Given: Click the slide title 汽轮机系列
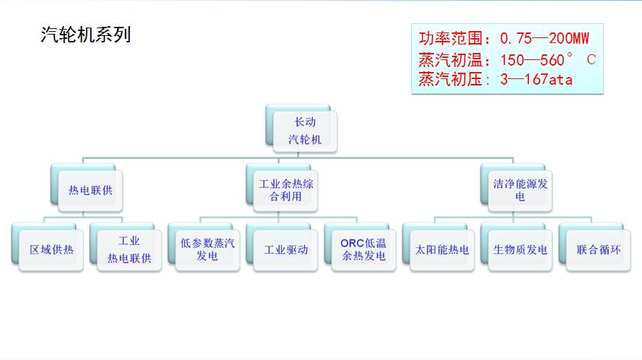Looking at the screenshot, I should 86,35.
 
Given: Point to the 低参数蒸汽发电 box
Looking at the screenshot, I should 207,250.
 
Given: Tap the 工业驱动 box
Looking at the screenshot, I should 286,250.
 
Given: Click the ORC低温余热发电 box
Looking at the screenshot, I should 364,250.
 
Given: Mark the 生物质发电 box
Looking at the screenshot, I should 520,250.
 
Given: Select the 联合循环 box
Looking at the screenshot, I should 598,250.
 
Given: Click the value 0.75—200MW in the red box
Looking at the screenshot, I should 544,39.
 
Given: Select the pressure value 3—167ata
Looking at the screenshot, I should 536,79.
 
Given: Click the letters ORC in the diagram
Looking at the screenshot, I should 352,243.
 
